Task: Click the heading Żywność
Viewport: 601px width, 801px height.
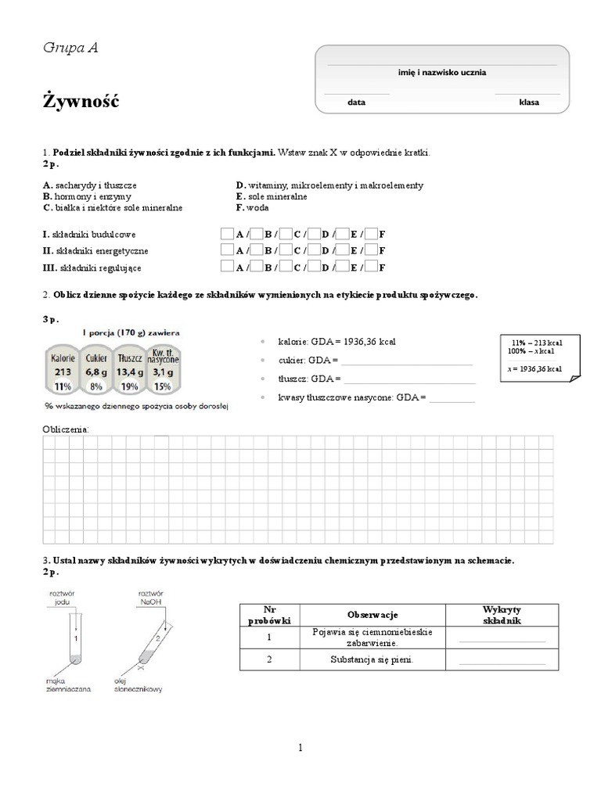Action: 81,102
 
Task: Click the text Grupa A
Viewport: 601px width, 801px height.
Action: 70,48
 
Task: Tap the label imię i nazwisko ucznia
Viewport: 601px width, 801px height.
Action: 442,72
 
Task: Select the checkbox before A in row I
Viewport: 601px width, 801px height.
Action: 227,234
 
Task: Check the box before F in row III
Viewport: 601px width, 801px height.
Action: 372,268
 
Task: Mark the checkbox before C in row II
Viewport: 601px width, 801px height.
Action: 286,251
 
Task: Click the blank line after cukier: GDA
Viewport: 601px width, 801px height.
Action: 407,361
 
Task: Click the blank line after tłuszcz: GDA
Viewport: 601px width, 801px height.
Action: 409,379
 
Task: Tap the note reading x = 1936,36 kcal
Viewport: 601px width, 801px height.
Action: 534,368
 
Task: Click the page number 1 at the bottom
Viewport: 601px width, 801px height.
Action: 300,748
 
